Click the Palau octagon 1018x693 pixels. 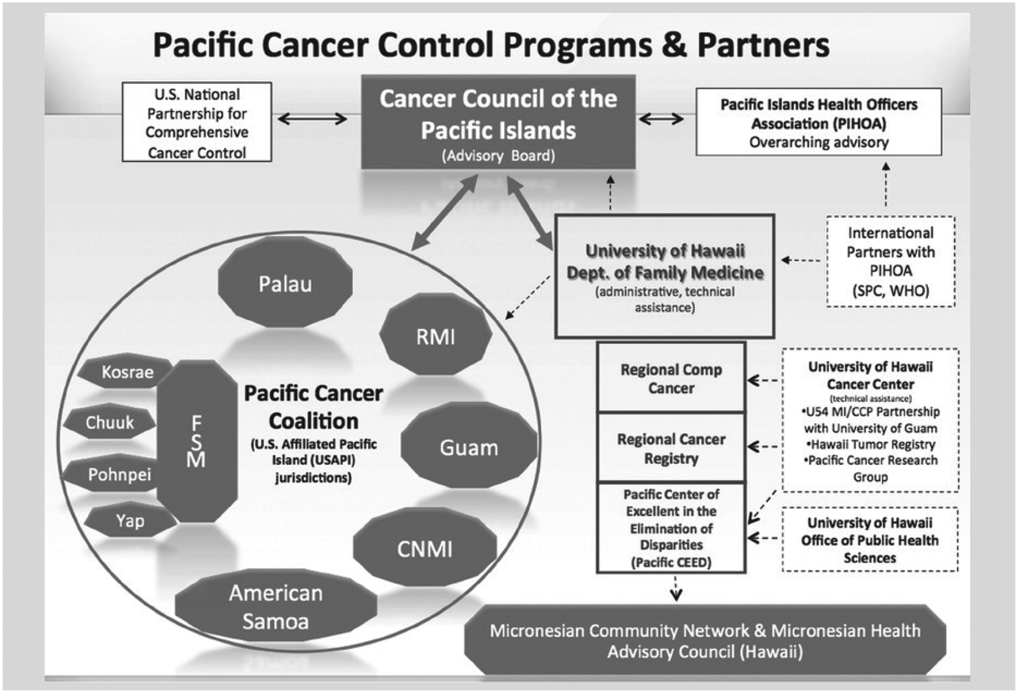285,282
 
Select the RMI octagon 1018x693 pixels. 435,336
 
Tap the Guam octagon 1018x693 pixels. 469,447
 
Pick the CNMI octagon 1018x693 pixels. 425,548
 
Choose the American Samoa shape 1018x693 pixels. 276,607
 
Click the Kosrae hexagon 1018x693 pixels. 126,372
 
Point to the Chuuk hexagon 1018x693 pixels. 109,423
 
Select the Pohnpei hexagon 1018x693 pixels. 118,474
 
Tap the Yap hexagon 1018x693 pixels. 130,520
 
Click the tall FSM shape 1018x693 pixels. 196,441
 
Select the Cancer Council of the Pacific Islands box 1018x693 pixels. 498,122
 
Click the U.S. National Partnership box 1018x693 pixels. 197,122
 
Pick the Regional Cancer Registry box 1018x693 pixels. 671,448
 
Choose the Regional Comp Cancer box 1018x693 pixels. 671,378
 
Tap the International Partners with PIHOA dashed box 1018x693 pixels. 890,261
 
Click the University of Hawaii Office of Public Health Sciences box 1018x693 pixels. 869,540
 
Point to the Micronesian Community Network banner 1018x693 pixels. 705,640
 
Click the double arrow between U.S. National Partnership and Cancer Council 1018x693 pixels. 312,119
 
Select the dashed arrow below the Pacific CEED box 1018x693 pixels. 676,588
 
